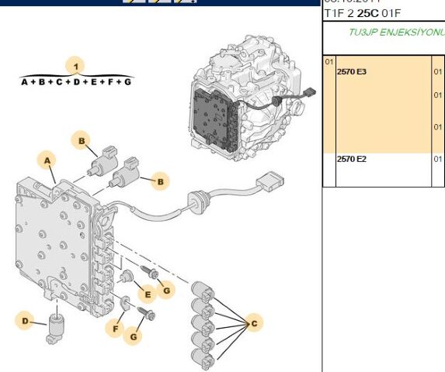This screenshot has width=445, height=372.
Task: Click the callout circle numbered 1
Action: tap(76, 65)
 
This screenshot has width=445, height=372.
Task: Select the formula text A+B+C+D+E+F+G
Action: tap(76, 81)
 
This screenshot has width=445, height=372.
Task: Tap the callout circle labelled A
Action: tap(48, 160)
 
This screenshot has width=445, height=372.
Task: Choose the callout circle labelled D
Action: tap(26, 320)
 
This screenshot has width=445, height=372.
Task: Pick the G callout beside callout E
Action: tap(165, 291)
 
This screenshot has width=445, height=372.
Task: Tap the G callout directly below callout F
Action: tap(134, 336)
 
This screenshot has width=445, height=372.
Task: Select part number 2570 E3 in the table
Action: tap(351, 71)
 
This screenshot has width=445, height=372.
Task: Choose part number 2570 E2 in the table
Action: tap(351, 159)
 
